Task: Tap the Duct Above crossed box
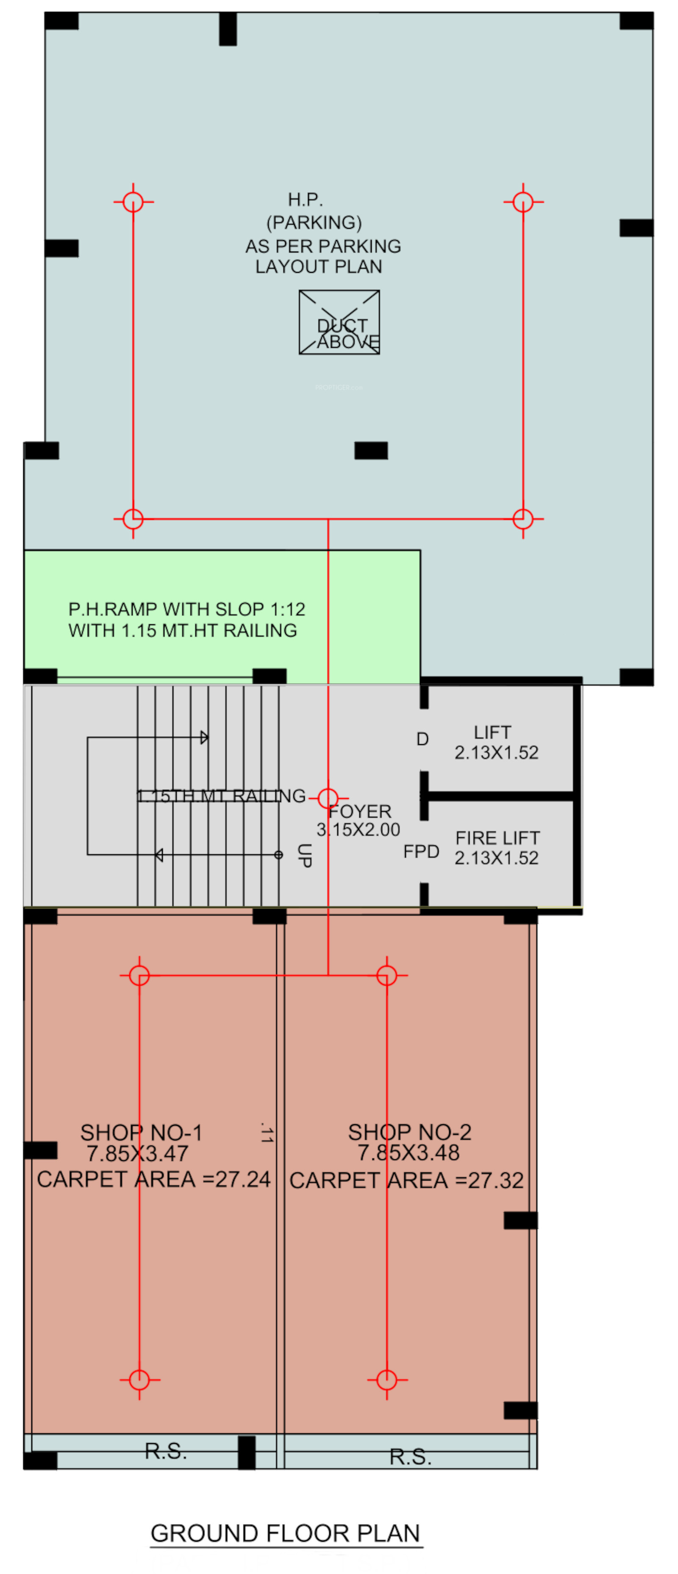pyautogui.click(x=339, y=322)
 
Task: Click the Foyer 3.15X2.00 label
pyautogui.click(x=359, y=820)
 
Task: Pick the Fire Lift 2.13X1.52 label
pyautogui.click(x=497, y=848)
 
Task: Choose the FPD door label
pyautogui.click(x=421, y=851)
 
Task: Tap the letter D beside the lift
pyautogui.click(x=422, y=739)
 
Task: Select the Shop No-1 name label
pyautogui.click(x=141, y=1132)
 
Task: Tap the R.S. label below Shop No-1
pyautogui.click(x=166, y=1451)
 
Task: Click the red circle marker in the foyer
pyautogui.click(x=328, y=798)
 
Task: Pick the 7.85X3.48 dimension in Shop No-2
pyautogui.click(x=408, y=1153)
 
